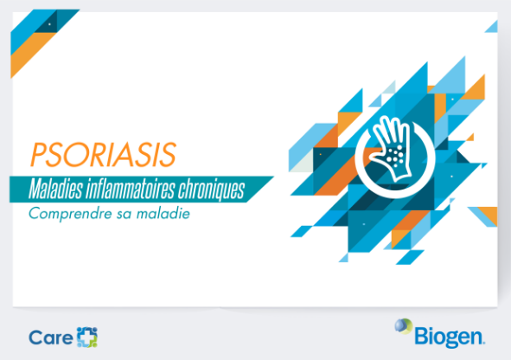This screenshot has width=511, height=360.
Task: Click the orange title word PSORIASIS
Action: tap(103, 154)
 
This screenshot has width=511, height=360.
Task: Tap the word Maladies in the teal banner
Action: tap(55, 190)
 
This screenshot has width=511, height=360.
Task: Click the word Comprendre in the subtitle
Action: tap(70, 215)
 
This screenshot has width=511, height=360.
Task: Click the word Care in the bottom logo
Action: tap(51, 337)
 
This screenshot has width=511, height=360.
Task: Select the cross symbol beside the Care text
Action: tap(87, 337)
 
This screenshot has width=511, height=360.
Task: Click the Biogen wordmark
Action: tap(450, 337)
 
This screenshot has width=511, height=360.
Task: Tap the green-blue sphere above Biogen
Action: tap(404, 326)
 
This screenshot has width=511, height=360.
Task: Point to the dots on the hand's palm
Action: tap(395, 155)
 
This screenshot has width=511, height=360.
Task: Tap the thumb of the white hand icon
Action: tap(376, 155)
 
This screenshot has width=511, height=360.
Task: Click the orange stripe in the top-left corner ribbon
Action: tap(33, 55)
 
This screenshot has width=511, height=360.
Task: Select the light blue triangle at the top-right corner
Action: tap(493, 28)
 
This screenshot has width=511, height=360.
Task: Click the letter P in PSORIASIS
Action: tap(38, 155)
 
